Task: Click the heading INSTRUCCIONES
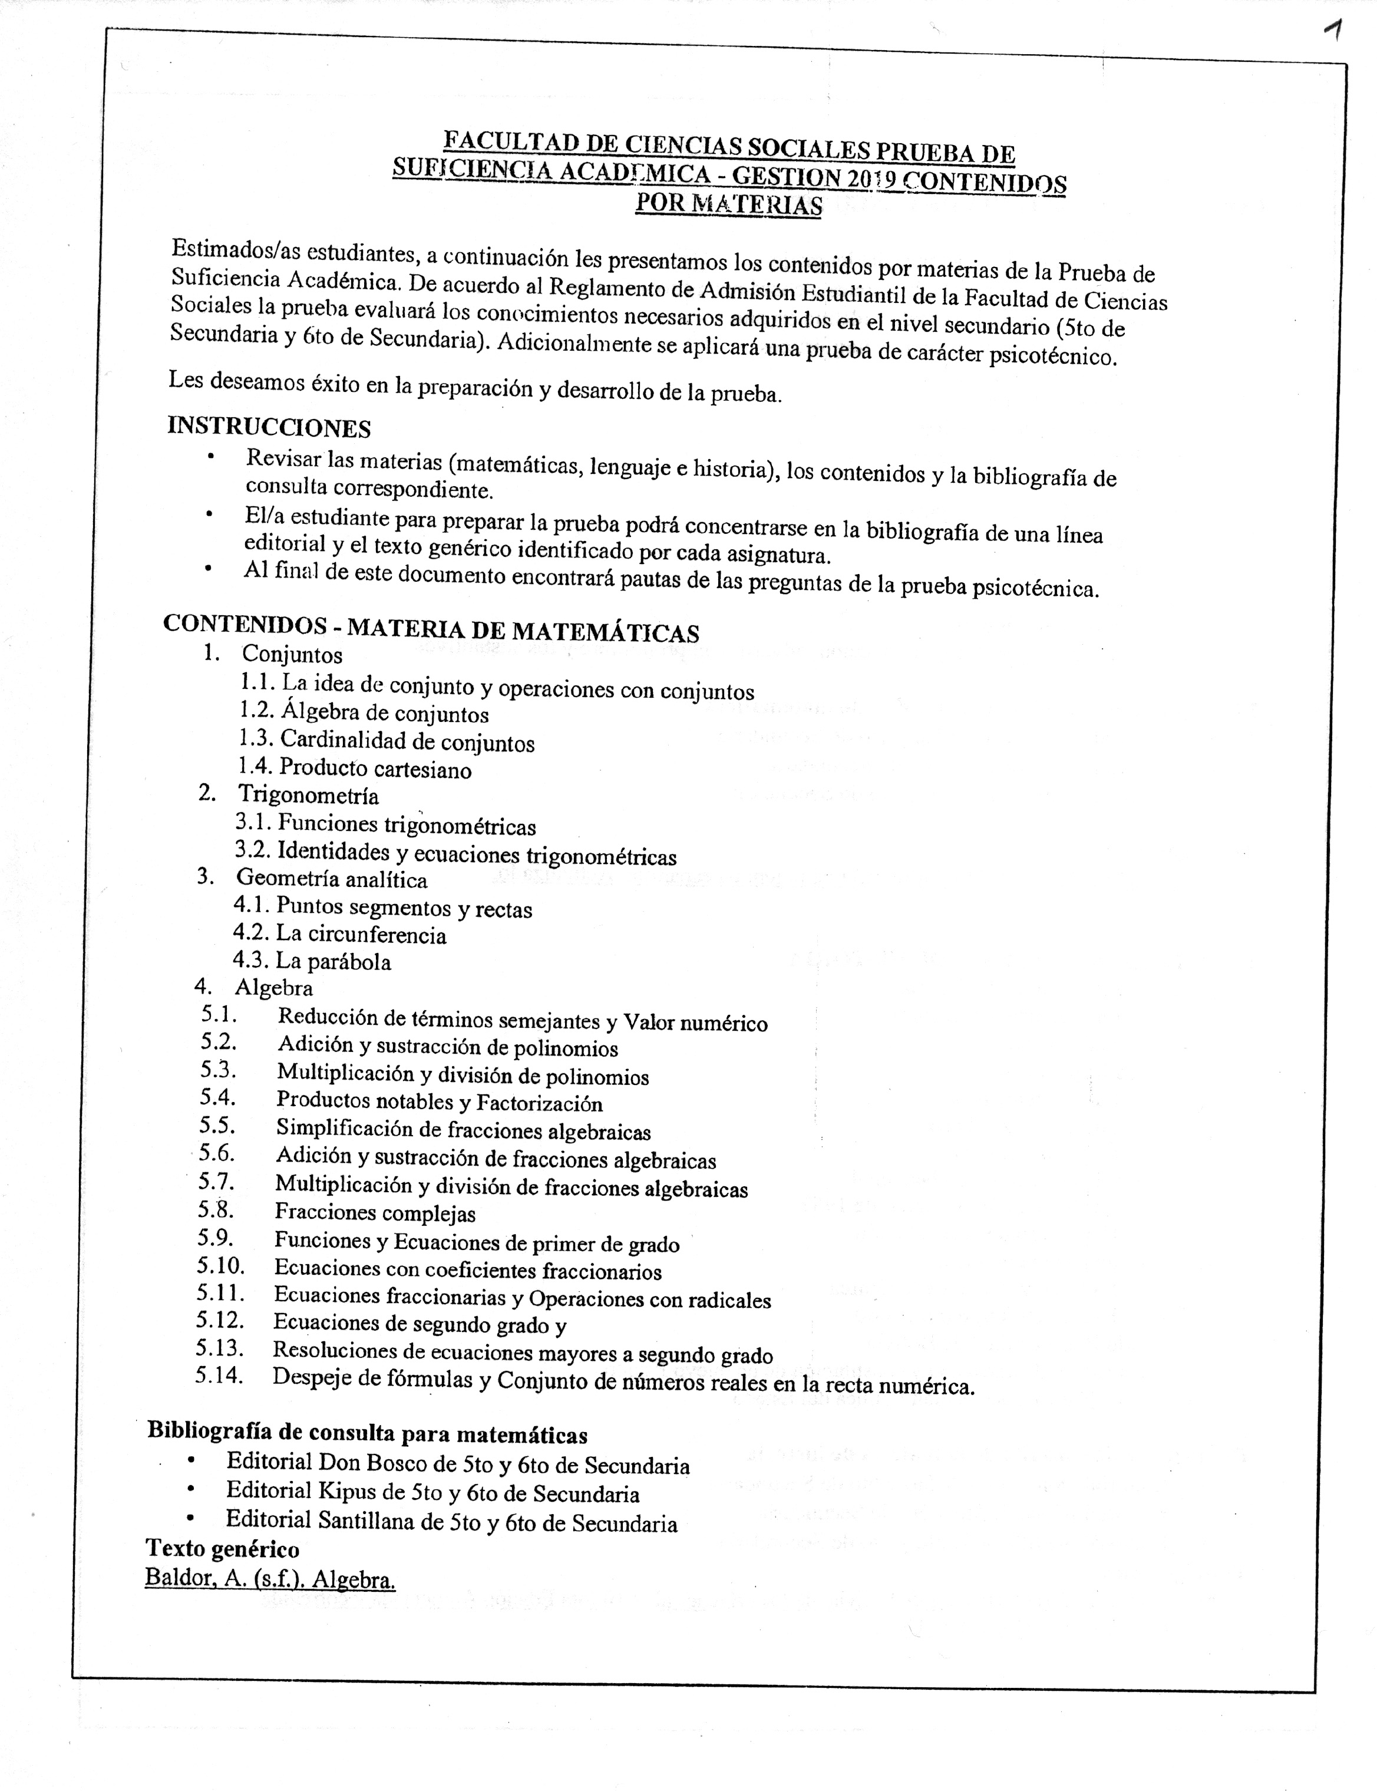point(269,427)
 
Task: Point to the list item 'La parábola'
point(333,961)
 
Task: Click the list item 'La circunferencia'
point(361,935)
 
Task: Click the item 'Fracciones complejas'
point(375,1212)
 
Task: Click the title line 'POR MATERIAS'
point(729,203)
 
